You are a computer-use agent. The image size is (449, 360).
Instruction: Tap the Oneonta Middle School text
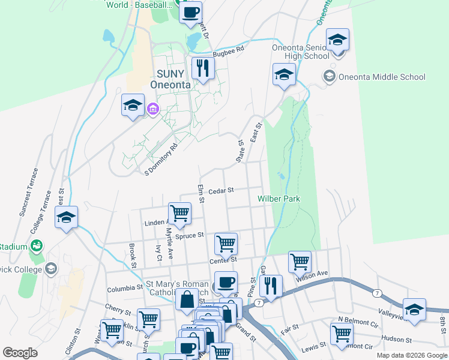point(382,77)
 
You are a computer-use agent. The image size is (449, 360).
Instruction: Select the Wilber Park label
point(279,199)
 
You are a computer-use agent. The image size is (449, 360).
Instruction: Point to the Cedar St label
point(220,191)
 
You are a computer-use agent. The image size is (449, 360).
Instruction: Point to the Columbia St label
point(124,289)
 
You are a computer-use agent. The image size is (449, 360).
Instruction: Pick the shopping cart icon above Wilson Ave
point(300,262)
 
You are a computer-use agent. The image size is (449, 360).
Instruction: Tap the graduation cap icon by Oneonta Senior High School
point(337,40)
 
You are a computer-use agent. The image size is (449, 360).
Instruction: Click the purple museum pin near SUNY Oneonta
point(152,109)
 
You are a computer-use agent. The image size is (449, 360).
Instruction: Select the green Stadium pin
point(36,246)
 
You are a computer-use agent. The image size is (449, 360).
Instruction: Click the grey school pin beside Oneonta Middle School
point(329,76)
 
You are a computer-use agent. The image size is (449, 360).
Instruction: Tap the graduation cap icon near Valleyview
point(414,310)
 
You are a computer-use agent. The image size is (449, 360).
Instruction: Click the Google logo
point(20,353)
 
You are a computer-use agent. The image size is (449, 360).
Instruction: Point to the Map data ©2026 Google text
point(411,355)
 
